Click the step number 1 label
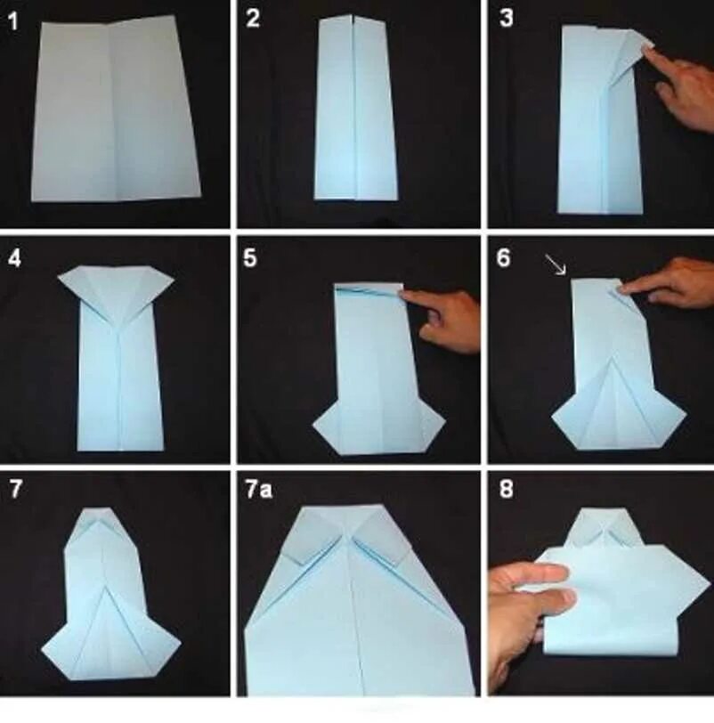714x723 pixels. (13, 21)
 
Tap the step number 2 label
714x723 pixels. (253, 19)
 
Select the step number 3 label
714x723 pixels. (506, 19)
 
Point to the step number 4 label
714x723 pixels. (14, 258)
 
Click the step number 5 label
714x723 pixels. (250, 258)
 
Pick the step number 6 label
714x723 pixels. (504, 258)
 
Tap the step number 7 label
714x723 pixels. (16, 489)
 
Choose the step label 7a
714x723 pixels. (258, 489)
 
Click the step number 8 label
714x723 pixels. (506, 489)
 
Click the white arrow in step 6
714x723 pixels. (556, 264)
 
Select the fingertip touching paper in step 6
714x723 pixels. (626, 289)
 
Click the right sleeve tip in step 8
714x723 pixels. (708, 585)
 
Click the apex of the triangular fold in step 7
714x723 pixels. (107, 587)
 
